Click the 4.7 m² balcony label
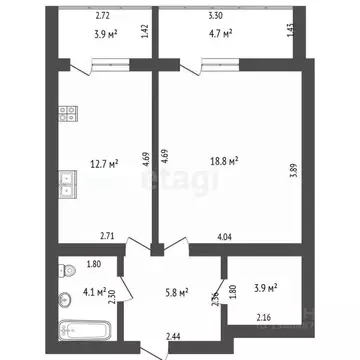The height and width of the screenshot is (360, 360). coord(221,33)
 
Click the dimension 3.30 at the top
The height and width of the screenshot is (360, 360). coord(215,16)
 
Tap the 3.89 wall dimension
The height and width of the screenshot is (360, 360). coord(294,170)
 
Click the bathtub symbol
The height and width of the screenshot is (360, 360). coord(84,330)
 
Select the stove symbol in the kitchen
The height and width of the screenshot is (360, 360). coord(68,114)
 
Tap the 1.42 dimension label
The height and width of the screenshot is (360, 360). coord(145,30)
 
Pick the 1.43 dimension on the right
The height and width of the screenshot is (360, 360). coord(290,30)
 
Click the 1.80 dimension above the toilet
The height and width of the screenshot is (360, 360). coord(94,264)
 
